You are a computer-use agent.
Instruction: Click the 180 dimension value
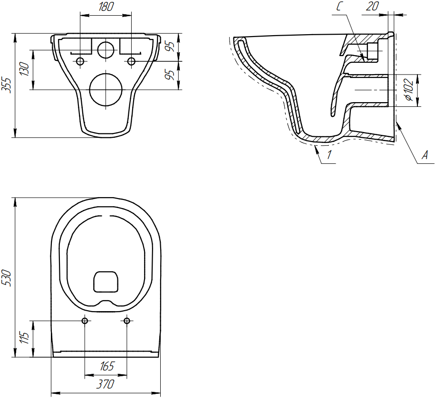106,7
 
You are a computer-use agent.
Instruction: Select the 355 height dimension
6,85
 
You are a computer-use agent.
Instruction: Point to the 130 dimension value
25,69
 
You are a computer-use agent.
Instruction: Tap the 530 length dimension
6,277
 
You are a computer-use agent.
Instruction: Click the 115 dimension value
25,337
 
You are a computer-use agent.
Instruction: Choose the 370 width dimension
105,384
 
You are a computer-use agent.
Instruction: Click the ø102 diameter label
409,90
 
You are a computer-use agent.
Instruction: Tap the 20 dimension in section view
372,6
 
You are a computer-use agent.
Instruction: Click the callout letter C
339,6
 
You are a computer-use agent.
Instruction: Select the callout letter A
425,155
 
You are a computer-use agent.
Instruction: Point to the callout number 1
329,155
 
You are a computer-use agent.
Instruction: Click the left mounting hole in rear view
80,61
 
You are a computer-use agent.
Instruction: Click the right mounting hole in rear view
131,61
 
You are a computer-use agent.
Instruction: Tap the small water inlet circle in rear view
106,50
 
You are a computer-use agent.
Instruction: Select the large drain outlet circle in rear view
106,90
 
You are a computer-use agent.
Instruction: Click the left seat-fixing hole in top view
85,321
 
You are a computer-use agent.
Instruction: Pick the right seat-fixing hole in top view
127,321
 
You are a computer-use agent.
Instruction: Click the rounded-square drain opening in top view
106,282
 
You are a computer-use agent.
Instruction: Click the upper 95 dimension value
172,47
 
